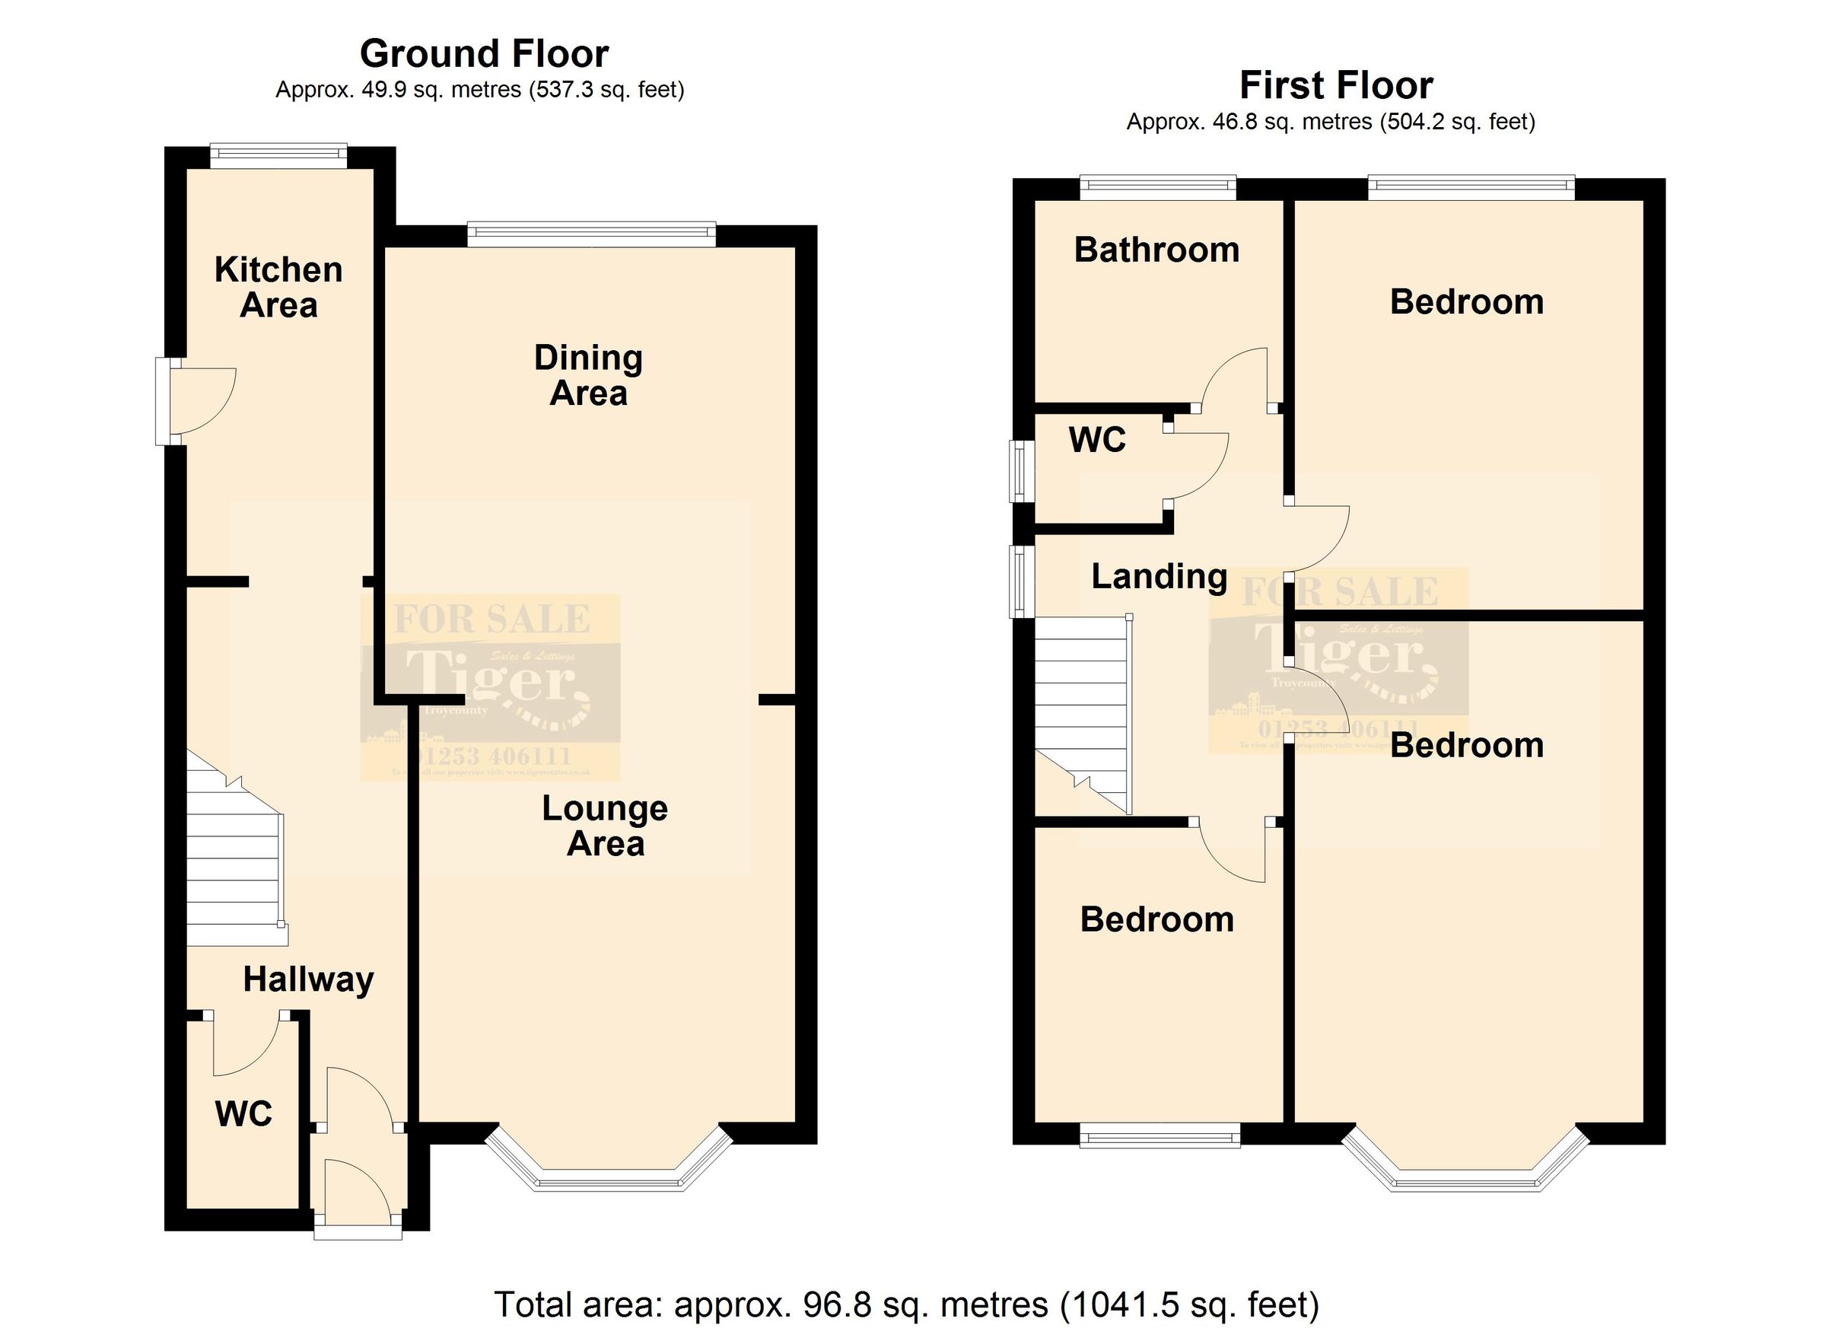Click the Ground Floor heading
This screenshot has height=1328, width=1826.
click(x=484, y=54)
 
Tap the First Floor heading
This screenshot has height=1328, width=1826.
click(x=1336, y=85)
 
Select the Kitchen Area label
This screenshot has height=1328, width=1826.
click(x=278, y=288)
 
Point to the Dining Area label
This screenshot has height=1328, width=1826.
click(x=589, y=375)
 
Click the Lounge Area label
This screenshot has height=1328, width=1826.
click(x=605, y=826)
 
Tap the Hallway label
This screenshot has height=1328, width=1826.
click(x=308, y=979)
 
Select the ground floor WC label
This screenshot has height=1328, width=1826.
click(x=243, y=1114)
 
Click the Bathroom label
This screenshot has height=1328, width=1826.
click(x=1156, y=250)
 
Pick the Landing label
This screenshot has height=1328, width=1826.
click(x=1159, y=576)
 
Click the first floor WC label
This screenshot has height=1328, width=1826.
click(x=1096, y=440)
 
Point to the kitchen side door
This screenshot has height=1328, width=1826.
click(x=197, y=400)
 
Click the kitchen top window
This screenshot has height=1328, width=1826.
click(x=278, y=155)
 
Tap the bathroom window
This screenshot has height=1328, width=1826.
click(x=1157, y=188)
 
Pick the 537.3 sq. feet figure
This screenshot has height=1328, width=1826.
click(x=606, y=89)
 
